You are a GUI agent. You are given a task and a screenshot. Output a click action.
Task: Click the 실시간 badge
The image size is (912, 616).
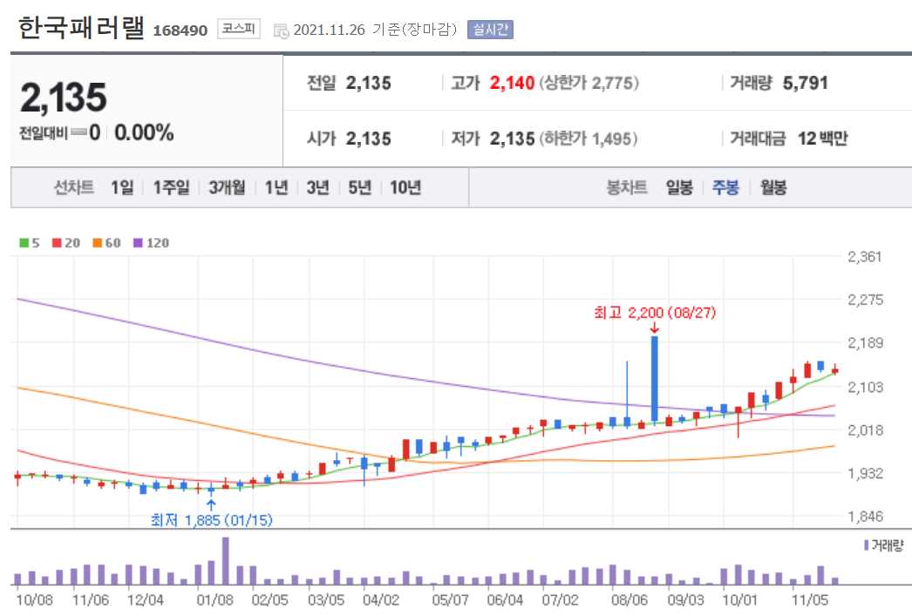(491, 30)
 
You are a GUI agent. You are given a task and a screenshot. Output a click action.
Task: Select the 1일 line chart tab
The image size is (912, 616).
(122, 187)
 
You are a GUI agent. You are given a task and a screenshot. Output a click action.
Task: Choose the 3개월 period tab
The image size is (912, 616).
(227, 187)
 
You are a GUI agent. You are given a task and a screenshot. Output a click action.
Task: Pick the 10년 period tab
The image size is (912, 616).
(405, 187)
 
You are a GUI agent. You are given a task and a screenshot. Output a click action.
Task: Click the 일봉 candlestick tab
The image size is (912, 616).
(678, 187)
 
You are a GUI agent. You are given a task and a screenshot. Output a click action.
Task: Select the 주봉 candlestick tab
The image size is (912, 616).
(725, 187)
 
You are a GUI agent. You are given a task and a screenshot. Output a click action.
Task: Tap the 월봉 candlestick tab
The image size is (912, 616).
(773, 187)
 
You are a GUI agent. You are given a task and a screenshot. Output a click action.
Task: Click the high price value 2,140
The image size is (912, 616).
(511, 84)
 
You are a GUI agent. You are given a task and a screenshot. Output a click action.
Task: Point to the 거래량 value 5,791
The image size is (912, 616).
(805, 84)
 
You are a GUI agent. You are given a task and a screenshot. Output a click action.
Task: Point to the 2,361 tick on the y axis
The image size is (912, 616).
(864, 256)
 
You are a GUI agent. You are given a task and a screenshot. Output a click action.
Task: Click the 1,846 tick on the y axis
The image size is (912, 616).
(864, 517)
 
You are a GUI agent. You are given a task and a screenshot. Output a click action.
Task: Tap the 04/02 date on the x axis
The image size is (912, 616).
(380, 600)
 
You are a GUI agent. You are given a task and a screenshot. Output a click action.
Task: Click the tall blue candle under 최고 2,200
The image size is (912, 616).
(654, 379)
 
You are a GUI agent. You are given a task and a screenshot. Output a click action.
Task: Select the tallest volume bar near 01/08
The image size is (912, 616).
(225, 561)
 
